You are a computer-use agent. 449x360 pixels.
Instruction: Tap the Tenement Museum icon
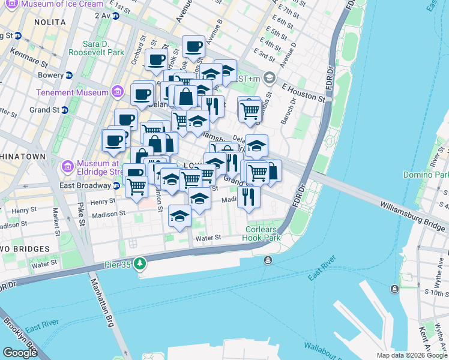click(x=118, y=92)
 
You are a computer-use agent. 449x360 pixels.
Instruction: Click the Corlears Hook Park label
click(x=264, y=233)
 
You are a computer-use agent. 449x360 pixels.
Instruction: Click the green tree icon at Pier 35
click(x=140, y=263)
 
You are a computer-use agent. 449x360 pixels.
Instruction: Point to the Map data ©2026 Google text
click(x=412, y=355)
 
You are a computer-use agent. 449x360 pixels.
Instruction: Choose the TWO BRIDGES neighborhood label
click(x=23, y=248)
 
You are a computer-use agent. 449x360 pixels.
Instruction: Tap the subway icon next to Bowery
click(x=69, y=76)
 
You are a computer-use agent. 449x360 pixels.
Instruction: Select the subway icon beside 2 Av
click(x=115, y=15)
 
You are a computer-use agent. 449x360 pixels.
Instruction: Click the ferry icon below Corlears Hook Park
click(x=268, y=260)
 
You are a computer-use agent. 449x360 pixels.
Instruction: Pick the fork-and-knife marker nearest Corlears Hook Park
click(x=248, y=196)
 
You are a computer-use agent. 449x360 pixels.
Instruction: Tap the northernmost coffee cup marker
click(x=194, y=46)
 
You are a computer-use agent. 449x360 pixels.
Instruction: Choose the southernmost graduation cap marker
click(x=179, y=217)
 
